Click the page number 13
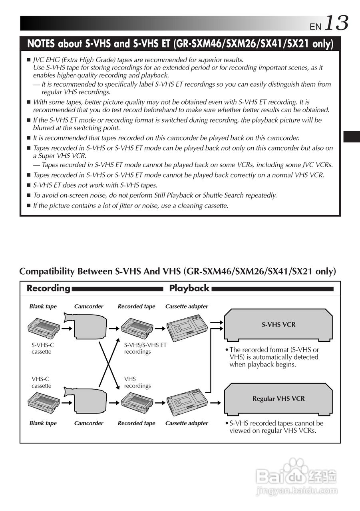coord(336,23)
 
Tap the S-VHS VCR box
coord(278,325)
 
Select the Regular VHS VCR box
coord(278,398)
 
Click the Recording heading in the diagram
coord(48,288)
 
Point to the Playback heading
coord(189,288)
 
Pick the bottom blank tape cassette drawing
coord(44,402)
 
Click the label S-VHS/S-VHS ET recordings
coord(145,348)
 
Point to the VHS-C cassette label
coord(41,382)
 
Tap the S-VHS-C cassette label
coord(41,348)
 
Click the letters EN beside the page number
coord(315,26)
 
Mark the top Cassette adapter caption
coord(187,307)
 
